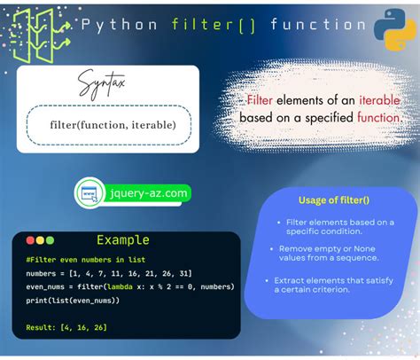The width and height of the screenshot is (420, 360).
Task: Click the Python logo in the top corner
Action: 393,28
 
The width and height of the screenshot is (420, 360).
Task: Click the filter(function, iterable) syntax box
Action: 108,124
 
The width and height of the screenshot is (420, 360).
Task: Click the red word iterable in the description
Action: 380,100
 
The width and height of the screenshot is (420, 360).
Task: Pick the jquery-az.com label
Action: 147,192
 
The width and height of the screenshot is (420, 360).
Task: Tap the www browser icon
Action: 90,192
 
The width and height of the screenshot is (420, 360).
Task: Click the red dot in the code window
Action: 30,240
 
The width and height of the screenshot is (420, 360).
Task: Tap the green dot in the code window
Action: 50,240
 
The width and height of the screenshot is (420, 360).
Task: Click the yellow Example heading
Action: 124,240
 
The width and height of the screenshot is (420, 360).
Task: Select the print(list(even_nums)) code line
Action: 74,301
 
